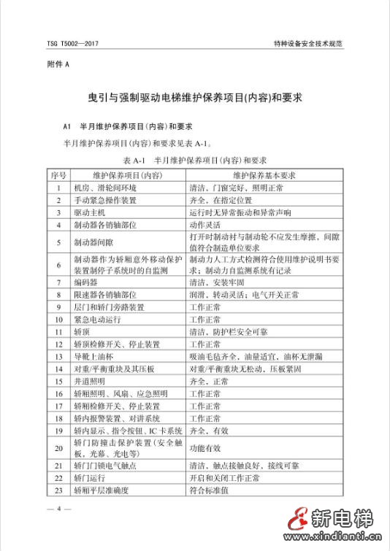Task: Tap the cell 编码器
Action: pyautogui.click(x=88, y=282)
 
